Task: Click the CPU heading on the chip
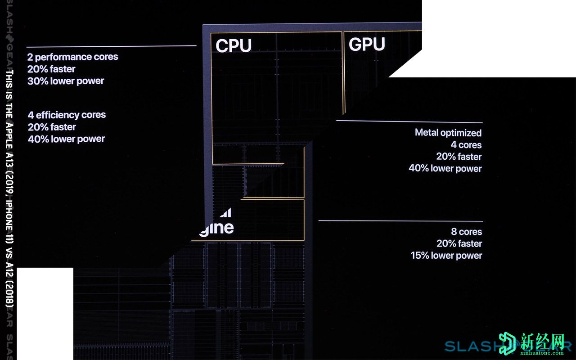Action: [234, 46]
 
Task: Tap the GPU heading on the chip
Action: [367, 45]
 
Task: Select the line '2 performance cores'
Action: [72, 57]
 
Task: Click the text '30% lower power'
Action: [66, 81]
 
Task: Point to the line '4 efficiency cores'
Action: [67, 115]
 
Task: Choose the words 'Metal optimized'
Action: [448, 133]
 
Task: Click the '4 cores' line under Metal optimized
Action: [466, 145]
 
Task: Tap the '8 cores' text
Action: [466, 232]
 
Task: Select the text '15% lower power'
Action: [446, 256]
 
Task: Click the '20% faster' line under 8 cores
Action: [459, 243]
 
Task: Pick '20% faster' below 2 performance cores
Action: [51, 69]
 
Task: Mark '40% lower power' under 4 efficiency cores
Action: [66, 139]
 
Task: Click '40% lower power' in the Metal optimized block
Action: [445, 168]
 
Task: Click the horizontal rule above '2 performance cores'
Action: [111, 46]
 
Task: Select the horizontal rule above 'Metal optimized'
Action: [409, 121]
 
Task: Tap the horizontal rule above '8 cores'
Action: [400, 221]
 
